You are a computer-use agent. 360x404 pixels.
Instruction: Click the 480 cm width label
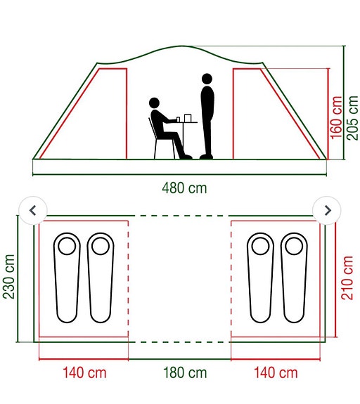184,188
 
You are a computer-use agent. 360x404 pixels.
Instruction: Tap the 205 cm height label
352,118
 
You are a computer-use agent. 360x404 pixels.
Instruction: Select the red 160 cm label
336,118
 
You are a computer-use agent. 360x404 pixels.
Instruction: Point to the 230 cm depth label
8,276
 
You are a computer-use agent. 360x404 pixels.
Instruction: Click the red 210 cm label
347,278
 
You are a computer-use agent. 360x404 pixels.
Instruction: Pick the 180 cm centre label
185,373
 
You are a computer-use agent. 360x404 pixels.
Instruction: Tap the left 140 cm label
84,373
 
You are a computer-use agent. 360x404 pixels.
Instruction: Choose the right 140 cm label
276,373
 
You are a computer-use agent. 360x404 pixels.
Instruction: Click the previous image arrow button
33,210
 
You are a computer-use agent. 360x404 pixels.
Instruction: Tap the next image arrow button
327,210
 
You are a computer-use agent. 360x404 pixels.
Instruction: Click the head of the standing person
207,79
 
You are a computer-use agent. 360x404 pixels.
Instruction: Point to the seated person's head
154,103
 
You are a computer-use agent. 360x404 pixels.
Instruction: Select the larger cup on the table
188,118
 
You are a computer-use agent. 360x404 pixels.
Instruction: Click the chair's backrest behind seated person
152,129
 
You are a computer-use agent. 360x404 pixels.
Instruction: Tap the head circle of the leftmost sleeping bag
67,246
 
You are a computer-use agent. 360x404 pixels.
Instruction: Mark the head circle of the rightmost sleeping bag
294,246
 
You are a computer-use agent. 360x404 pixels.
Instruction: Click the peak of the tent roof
182,46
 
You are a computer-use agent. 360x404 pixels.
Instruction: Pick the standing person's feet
206,156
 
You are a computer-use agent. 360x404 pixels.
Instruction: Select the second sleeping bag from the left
101,278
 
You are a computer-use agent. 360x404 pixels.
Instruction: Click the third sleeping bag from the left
260,278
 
